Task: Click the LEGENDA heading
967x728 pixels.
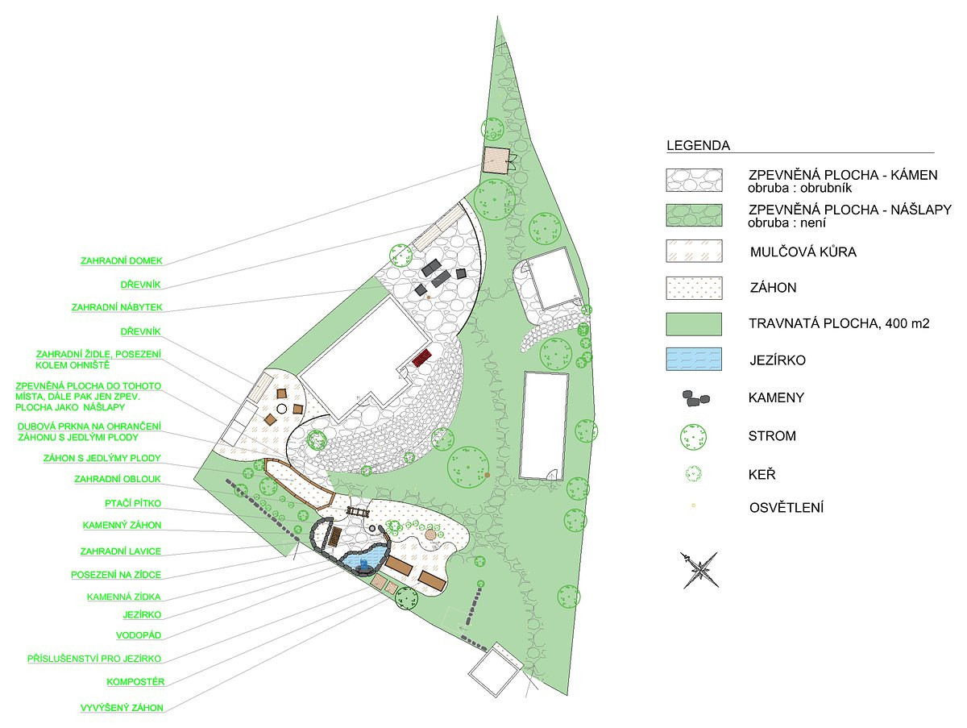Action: [x=699, y=145]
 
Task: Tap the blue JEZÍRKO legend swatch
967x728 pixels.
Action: [x=694, y=359]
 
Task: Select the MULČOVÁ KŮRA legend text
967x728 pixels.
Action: [x=803, y=252]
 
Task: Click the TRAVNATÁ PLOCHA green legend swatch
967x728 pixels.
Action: [x=694, y=324]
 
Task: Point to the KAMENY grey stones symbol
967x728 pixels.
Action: [x=696, y=398]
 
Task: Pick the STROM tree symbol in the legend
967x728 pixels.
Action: [x=694, y=437]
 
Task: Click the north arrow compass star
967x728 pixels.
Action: [x=699, y=570]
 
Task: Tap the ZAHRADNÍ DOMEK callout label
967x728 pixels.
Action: [x=122, y=261]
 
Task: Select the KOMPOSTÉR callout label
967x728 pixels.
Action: [x=135, y=681]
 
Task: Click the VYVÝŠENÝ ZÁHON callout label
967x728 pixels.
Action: [x=122, y=708]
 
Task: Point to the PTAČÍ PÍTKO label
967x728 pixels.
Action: [x=133, y=503]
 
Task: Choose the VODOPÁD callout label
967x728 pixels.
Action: [x=139, y=635]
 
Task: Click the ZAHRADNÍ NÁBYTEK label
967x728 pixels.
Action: [x=117, y=307]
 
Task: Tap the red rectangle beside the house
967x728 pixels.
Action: [x=421, y=357]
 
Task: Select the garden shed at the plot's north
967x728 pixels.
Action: [x=496, y=160]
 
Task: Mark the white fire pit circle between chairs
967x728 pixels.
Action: [x=281, y=409]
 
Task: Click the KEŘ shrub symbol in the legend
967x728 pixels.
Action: [x=694, y=474]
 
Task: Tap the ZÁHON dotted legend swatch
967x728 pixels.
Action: [x=694, y=288]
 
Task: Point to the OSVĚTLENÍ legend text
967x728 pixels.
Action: [x=786, y=508]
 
